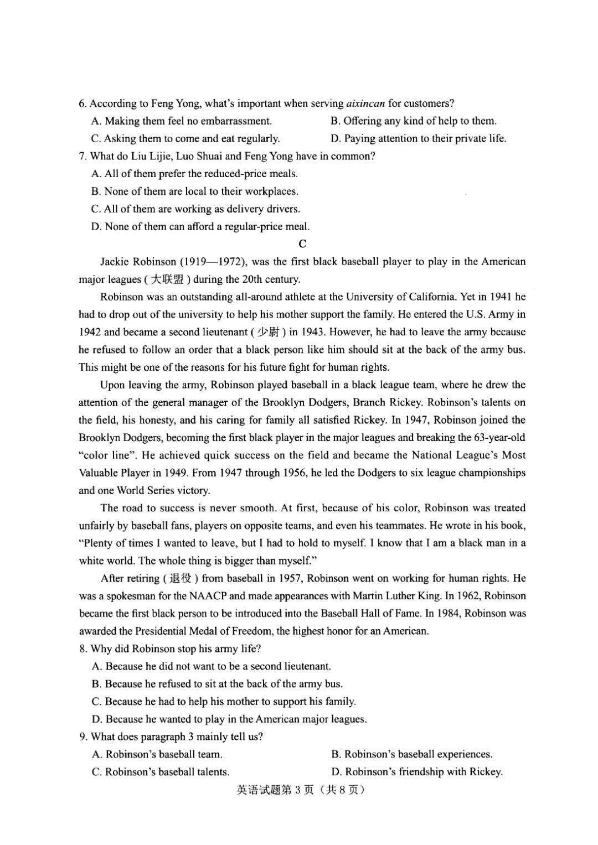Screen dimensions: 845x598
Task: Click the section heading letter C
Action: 302,243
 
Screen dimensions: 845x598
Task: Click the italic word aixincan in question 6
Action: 365,103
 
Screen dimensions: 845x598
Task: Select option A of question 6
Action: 182,121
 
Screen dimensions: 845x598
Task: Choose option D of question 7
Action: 200,226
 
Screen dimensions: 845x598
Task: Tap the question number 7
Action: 83,156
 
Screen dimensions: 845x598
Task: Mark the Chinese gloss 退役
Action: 180,578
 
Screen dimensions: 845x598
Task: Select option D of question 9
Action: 417,772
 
